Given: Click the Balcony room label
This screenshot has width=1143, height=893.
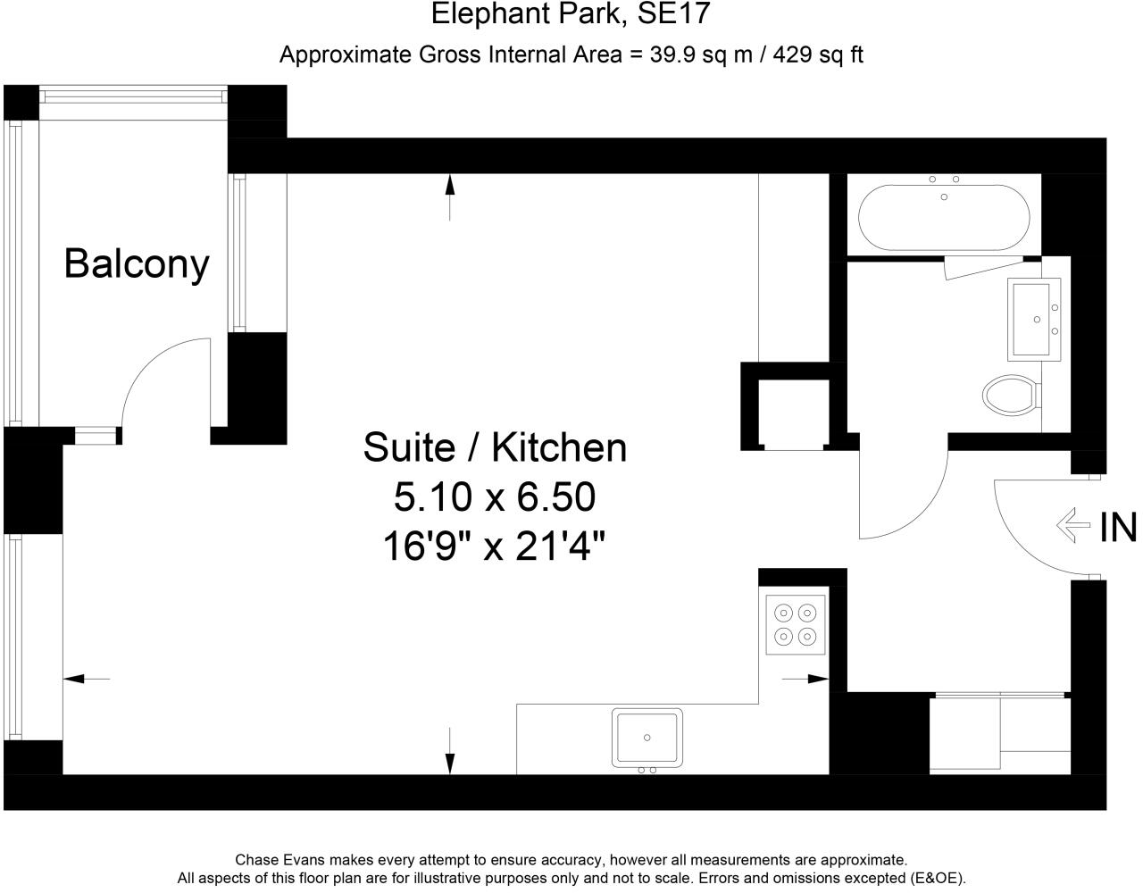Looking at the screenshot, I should pyautogui.click(x=137, y=263).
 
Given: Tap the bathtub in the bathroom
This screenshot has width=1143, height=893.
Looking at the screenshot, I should pyautogui.click(x=944, y=217).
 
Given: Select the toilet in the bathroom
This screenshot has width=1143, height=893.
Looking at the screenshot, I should pyautogui.click(x=1010, y=394).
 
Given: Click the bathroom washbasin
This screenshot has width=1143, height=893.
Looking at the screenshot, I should pyautogui.click(x=1034, y=317).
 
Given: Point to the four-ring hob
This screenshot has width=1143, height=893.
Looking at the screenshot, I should pyautogui.click(x=795, y=624).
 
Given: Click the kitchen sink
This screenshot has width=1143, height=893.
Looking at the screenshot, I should pyautogui.click(x=647, y=738).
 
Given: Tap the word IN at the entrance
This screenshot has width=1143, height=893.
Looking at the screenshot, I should pyautogui.click(x=1117, y=527).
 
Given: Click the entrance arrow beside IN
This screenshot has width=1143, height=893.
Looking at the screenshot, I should pyautogui.click(x=1073, y=526).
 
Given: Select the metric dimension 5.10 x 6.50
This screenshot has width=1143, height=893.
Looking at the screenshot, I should pyautogui.click(x=494, y=497).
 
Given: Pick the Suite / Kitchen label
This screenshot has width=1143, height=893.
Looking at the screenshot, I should pyautogui.click(x=494, y=446).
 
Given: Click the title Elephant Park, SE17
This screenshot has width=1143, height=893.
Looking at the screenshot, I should pyautogui.click(x=571, y=14).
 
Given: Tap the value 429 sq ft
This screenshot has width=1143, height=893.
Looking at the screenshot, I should pyautogui.click(x=818, y=54).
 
